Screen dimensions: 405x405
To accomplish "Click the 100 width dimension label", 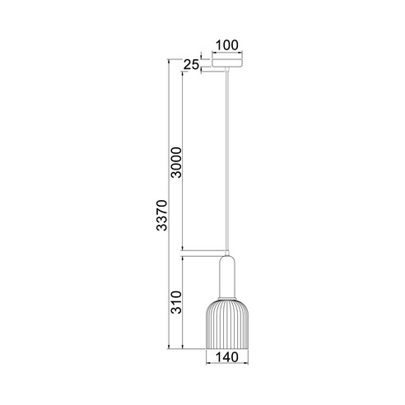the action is tap(227, 45).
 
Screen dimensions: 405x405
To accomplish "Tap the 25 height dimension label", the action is tap(191, 65).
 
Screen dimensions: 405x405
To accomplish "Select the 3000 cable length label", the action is tap(176, 162).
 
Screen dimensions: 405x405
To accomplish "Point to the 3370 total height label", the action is tap(161, 216).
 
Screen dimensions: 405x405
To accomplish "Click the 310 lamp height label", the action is tap(176, 302).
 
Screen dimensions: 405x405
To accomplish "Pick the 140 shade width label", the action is tap(227, 357).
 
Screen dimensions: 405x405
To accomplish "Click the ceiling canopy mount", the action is tap(227, 63).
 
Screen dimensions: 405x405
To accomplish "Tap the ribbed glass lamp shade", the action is tap(227, 324).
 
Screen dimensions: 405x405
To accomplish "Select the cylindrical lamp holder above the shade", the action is tap(227, 277).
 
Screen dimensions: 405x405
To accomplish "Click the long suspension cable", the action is tap(227, 159).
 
